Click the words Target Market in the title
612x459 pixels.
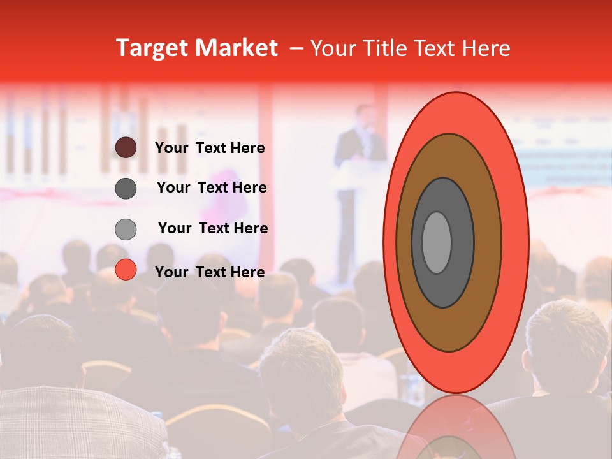(x=196, y=48)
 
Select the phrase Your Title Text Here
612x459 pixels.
(x=410, y=48)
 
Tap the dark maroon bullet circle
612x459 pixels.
(x=126, y=148)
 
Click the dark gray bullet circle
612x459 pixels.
(x=126, y=188)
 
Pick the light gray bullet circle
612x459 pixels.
(x=126, y=229)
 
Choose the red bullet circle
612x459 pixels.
(x=126, y=270)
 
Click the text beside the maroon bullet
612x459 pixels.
(x=210, y=148)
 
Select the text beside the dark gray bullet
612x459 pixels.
(x=212, y=187)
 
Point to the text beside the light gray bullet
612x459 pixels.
(x=213, y=228)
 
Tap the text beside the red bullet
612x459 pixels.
(x=210, y=272)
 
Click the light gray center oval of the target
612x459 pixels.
(x=437, y=242)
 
